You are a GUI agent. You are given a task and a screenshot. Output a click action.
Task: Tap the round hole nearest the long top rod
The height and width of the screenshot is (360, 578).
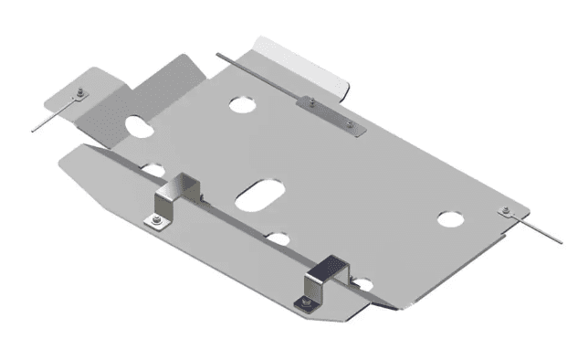coord(244,104)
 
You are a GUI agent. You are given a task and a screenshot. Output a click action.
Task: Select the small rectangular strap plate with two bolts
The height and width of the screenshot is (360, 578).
coord(330,113)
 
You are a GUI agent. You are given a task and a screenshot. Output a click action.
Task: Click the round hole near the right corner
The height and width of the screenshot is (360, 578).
coord(449,219)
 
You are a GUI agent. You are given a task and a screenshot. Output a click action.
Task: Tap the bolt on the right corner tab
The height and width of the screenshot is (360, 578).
coord(505,212)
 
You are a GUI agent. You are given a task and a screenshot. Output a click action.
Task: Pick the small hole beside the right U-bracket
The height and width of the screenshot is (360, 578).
coord(363,284)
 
